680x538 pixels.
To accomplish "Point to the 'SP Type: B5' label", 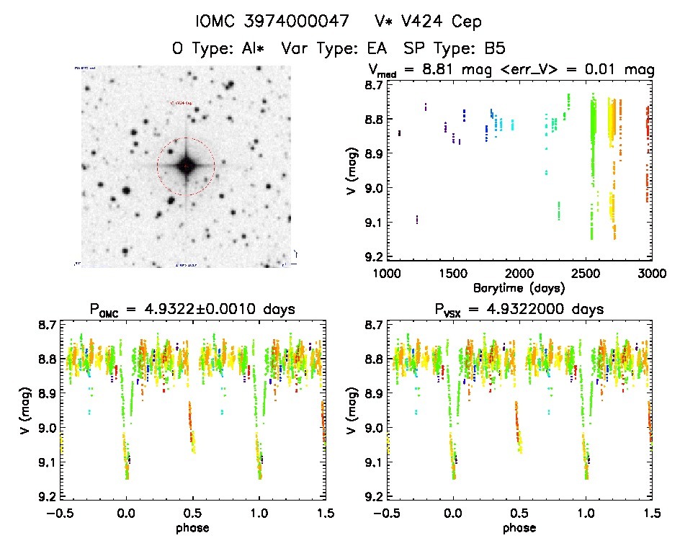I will [x=455, y=49].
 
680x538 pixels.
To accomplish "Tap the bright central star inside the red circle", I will [x=186, y=166].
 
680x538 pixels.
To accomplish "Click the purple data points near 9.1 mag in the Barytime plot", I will [x=417, y=219].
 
